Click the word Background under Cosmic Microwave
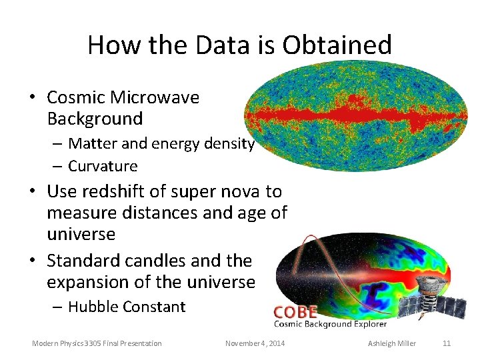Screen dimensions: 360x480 coord(95,119)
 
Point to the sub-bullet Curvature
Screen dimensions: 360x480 coord(103,166)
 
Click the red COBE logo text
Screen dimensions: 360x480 coord(295,312)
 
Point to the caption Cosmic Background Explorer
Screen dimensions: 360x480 coord(330,324)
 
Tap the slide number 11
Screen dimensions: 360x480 coord(447,343)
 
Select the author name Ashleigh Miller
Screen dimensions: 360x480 coord(392,343)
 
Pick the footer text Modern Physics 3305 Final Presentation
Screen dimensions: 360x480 coord(97,343)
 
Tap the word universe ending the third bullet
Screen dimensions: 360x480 coord(217,282)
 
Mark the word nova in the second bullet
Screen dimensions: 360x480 coord(240,191)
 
